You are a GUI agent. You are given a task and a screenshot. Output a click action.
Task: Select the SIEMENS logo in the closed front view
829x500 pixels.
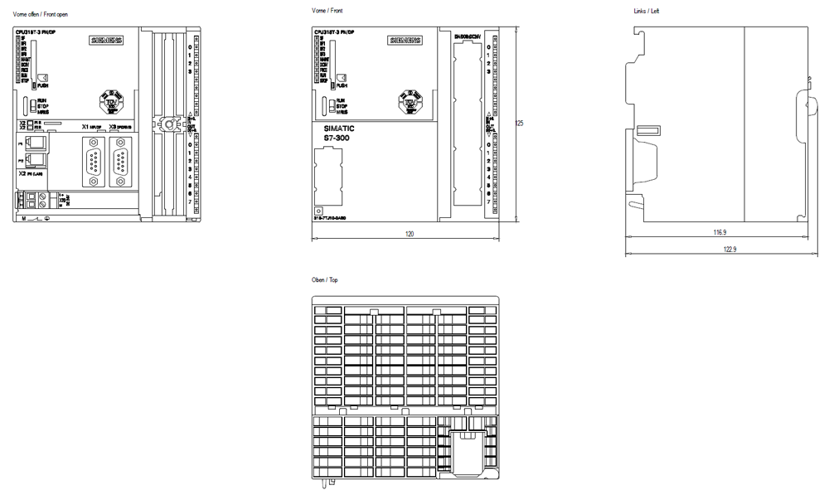(x=405, y=40)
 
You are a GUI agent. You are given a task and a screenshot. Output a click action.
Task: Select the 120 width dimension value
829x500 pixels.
(x=409, y=234)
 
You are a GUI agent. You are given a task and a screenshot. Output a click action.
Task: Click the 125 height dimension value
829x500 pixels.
(x=519, y=123)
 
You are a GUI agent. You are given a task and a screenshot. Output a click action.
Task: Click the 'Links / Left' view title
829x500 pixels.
(x=648, y=11)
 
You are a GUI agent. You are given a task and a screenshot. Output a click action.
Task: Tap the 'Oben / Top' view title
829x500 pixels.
(x=324, y=280)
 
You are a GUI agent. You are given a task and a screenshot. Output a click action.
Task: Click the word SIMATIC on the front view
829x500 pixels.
(x=333, y=129)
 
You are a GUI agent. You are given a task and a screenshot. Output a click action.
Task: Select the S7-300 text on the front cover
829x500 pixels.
(x=331, y=138)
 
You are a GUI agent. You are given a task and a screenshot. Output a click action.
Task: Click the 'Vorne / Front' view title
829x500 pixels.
(x=326, y=11)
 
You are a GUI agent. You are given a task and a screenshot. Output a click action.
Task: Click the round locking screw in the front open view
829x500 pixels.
(x=167, y=124)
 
